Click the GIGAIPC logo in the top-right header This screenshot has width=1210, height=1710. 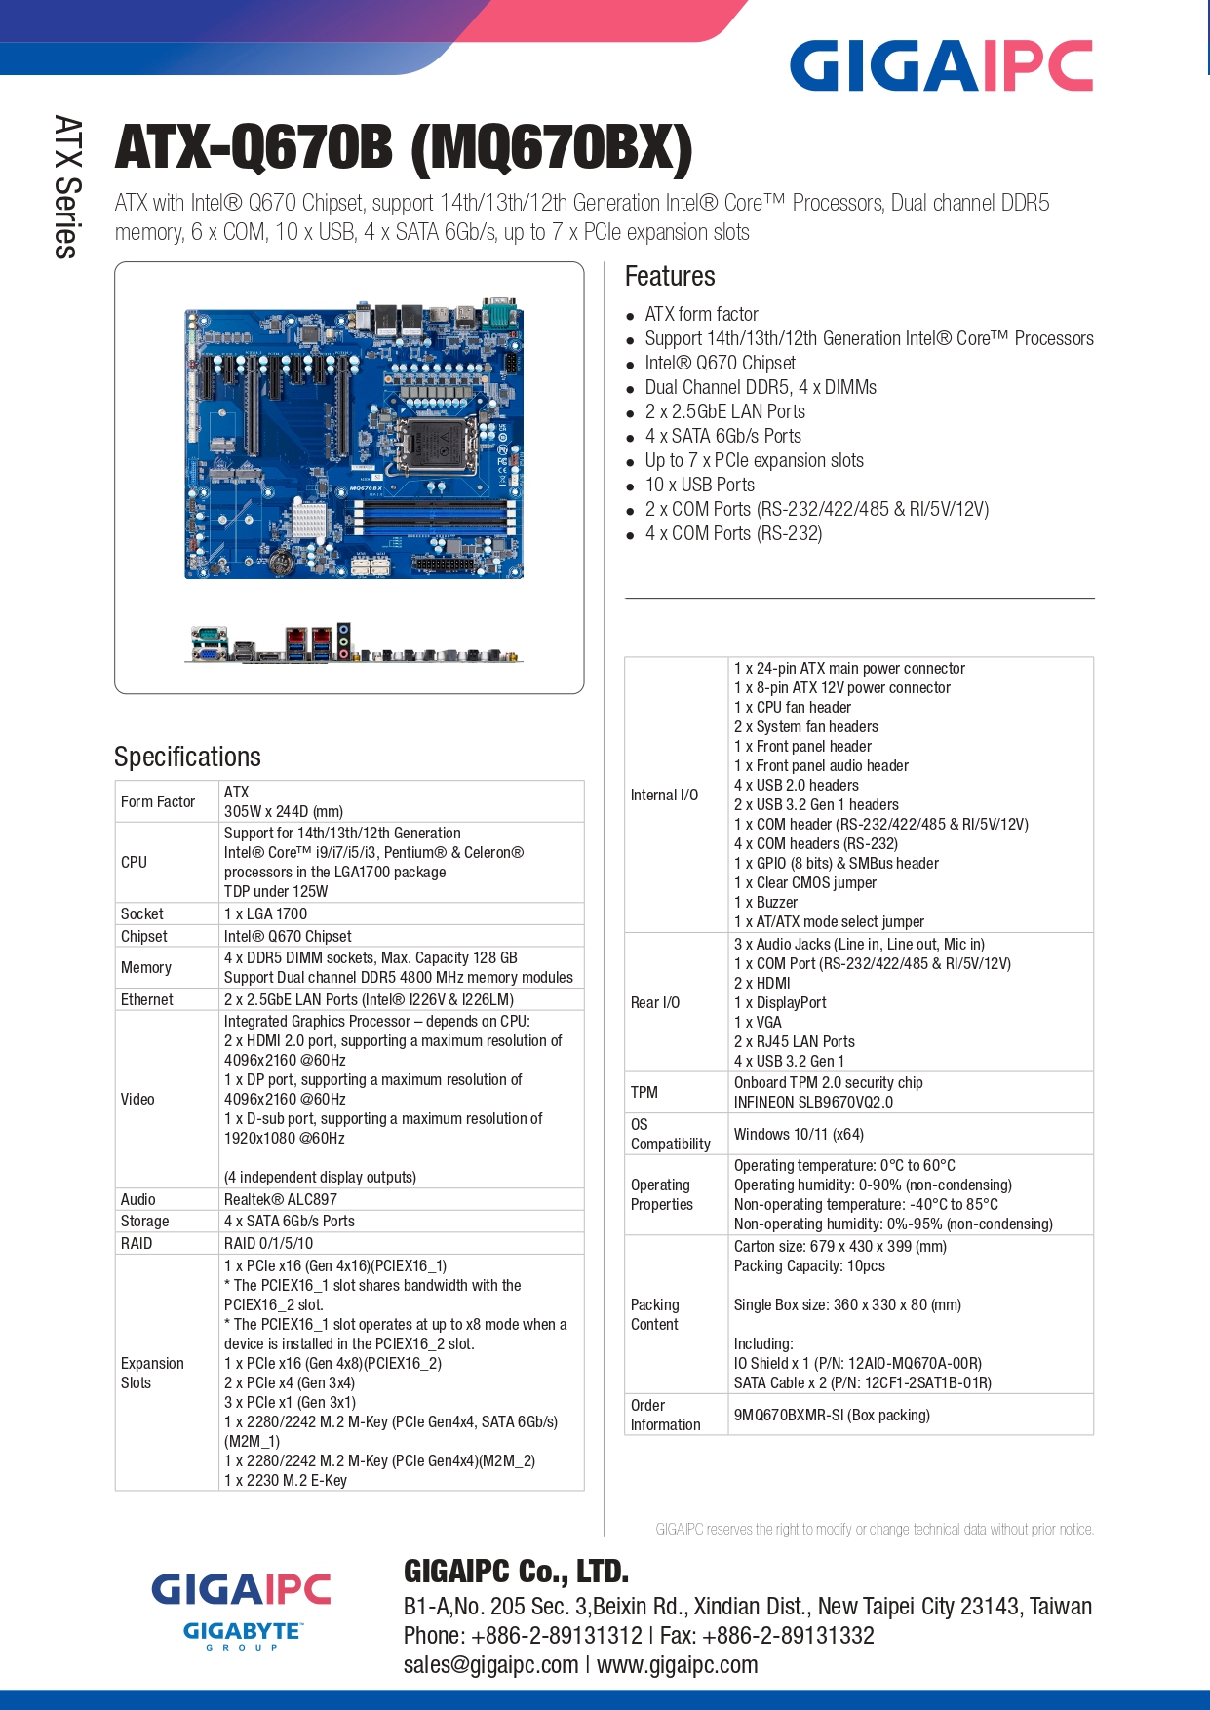click(x=941, y=65)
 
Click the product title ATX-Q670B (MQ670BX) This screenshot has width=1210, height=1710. click(x=404, y=148)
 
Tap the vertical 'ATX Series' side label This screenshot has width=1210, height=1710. click(x=66, y=187)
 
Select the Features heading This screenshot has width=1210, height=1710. click(x=670, y=276)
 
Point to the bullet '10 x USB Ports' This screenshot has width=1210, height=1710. click(x=699, y=485)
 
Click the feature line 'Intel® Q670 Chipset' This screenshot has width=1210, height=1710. click(x=720, y=363)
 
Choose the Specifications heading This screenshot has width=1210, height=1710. click(x=187, y=757)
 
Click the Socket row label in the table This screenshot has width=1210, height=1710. click(x=142, y=913)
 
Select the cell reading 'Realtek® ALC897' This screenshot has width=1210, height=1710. click(x=281, y=1199)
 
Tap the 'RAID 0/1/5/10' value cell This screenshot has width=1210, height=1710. click(x=269, y=1243)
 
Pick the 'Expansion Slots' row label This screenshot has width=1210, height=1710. click(x=152, y=1373)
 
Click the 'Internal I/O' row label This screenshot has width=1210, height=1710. click(x=664, y=795)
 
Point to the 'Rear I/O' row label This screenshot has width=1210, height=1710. click(x=655, y=1002)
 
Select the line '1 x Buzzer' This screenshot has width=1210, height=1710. click(x=765, y=902)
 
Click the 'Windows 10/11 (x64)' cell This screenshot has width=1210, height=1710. click(x=799, y=1134)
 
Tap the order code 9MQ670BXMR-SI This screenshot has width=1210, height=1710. click(x=789, y=1415)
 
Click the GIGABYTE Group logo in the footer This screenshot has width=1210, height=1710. click(x=243, y=1635)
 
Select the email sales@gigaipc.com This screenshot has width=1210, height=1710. click(x=490, y=1664)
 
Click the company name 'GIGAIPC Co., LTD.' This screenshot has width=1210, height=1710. click(x=516, y=1571)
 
